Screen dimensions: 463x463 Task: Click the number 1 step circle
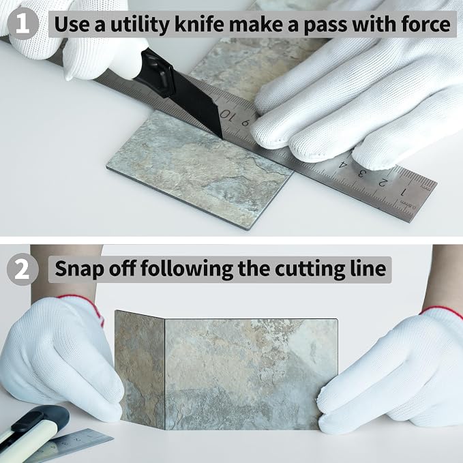click(23, 24)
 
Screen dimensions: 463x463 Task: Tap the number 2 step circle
click(23, 269)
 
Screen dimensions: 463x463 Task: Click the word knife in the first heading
click(199, 25)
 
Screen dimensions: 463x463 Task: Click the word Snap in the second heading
click(79, 269)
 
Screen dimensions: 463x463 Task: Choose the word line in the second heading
click(365, 268)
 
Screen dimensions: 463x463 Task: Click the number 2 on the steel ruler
click(381, 183)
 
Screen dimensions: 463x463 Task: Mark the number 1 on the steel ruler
click(402, 192)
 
